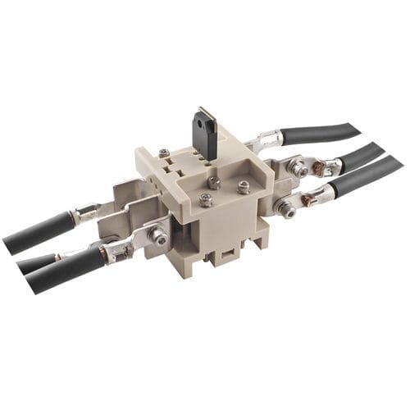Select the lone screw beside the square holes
[x=165, y=153]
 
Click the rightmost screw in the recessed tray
[x=243, y=187]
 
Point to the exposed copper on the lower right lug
[x=310, y=199]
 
